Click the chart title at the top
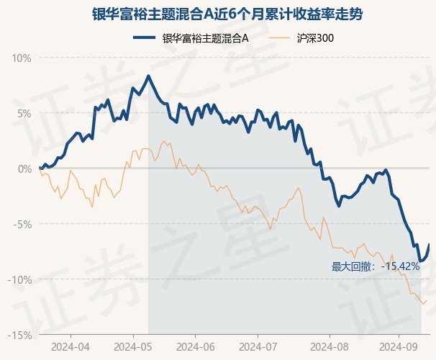pos(217,14)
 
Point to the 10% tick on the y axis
pos(22,58)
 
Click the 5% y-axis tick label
pos(24,113)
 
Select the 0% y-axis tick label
pos(24,168)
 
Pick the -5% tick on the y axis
pos(23,224)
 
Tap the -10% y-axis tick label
pos(20,279)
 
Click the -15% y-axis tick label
pos(20,335)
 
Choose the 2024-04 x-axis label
pos(71,346)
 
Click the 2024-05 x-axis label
pos(134,346)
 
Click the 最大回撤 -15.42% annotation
pos(376,266)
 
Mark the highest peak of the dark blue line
pos(149,76)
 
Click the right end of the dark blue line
pos(430,245)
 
